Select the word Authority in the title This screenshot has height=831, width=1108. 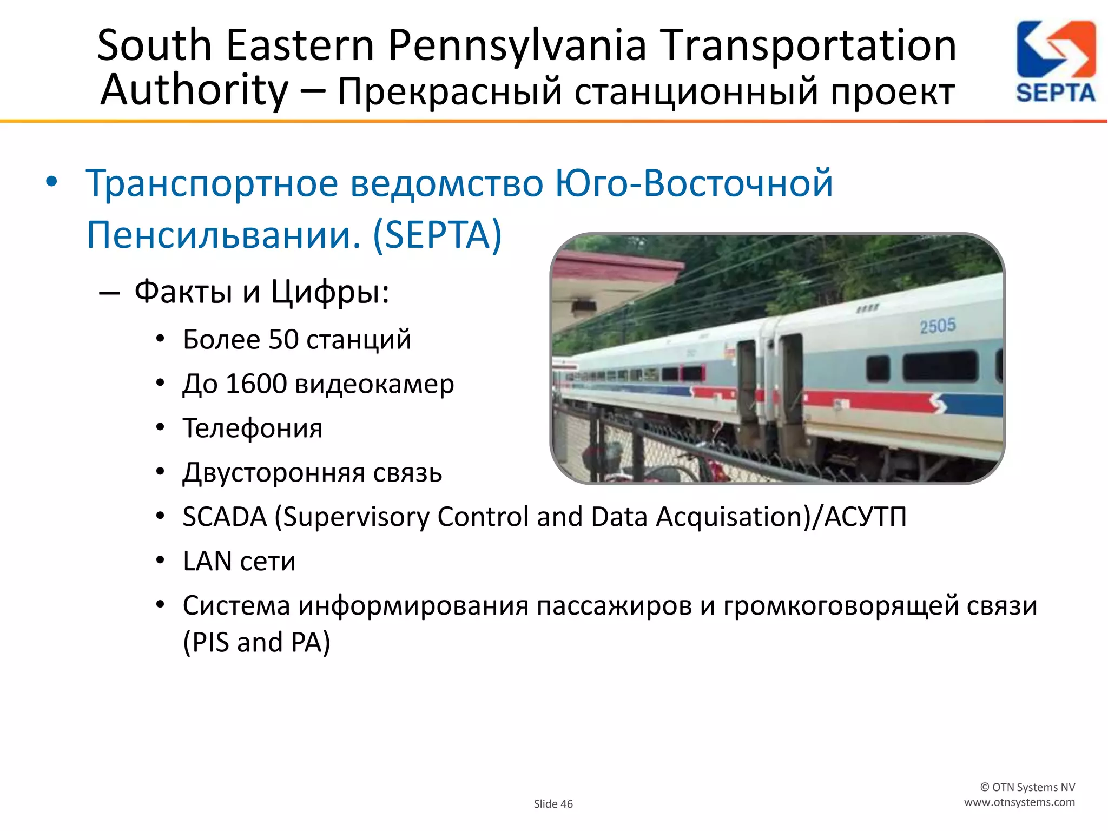[x=195, y=90]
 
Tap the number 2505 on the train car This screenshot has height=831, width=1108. [x=938, y=326]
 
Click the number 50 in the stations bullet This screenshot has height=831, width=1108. [x=283, y=340]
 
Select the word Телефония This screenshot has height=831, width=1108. [x=253, y=428]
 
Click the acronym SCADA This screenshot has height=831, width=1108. [x=225, y=517]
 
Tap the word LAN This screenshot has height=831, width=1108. [x=207, y=561]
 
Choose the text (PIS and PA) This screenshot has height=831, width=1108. [x=256, y=643]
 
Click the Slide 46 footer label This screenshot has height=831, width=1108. [x=553, y=804]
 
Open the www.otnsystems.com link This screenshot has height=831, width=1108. [x=1019, y=802]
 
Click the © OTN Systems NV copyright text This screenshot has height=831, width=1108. [x=1027, y=787]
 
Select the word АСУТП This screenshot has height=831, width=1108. [x=865, y=517]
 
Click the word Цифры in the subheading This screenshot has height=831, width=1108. [x=329, y=292]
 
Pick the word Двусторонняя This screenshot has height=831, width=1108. [x=274, y=473]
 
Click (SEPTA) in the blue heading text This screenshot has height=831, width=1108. [x=437, y=235]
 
